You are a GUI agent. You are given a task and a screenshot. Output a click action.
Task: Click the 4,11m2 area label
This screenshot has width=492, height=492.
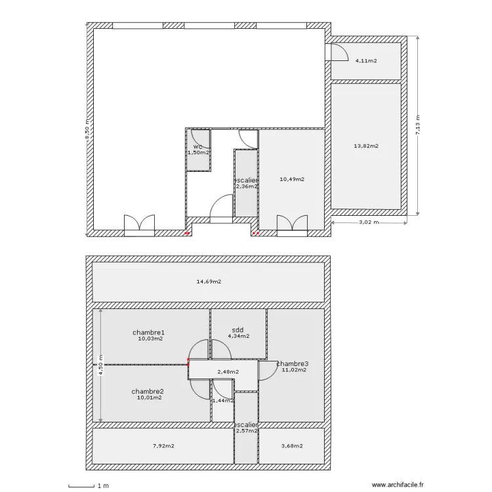click(366, 61)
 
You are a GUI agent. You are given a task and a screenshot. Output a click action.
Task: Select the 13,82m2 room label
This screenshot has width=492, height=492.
click(366, 146)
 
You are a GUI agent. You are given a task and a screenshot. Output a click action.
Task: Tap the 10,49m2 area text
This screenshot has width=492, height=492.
click(292, 179)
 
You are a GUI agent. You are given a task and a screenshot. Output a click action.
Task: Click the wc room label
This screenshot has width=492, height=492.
click(197, 146)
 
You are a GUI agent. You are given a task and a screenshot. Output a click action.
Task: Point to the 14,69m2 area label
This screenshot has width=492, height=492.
click(209, 282)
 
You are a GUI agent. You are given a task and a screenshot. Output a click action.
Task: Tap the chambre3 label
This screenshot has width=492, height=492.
click(293, 363)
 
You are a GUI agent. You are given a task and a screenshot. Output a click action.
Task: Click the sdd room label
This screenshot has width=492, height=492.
click(238, 330)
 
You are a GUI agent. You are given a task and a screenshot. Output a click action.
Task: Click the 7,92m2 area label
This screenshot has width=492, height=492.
click(163, 447)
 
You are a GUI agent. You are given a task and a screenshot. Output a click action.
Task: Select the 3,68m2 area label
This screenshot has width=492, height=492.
click(291, 447)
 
